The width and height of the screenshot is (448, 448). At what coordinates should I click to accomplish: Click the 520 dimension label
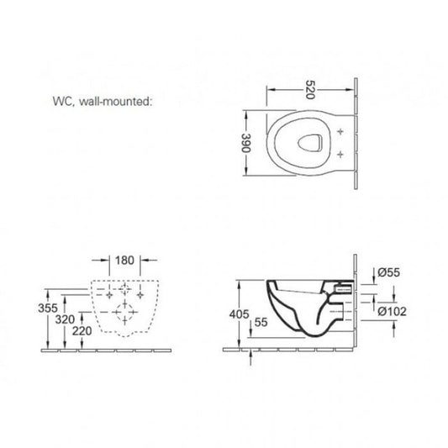(x=310, y=89)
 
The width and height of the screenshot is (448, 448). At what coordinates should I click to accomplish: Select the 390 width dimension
(x=246, y=143)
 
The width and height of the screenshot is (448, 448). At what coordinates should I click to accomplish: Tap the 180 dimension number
(x=124, y=261)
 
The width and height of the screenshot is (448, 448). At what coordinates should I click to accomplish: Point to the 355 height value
(x=48, y=308)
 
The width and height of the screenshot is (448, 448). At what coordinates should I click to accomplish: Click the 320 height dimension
(x=66, y=319)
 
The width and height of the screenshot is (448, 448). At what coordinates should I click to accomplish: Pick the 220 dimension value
(x=82, y=331)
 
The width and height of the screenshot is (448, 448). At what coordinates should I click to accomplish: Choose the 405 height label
(x=240, y=314)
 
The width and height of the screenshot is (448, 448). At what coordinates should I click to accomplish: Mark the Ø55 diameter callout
(x=389, y=272)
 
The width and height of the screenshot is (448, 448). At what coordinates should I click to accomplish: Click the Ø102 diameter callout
(x=392, y=312)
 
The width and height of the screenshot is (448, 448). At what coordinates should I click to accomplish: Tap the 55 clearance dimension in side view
(x=261, y=322)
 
